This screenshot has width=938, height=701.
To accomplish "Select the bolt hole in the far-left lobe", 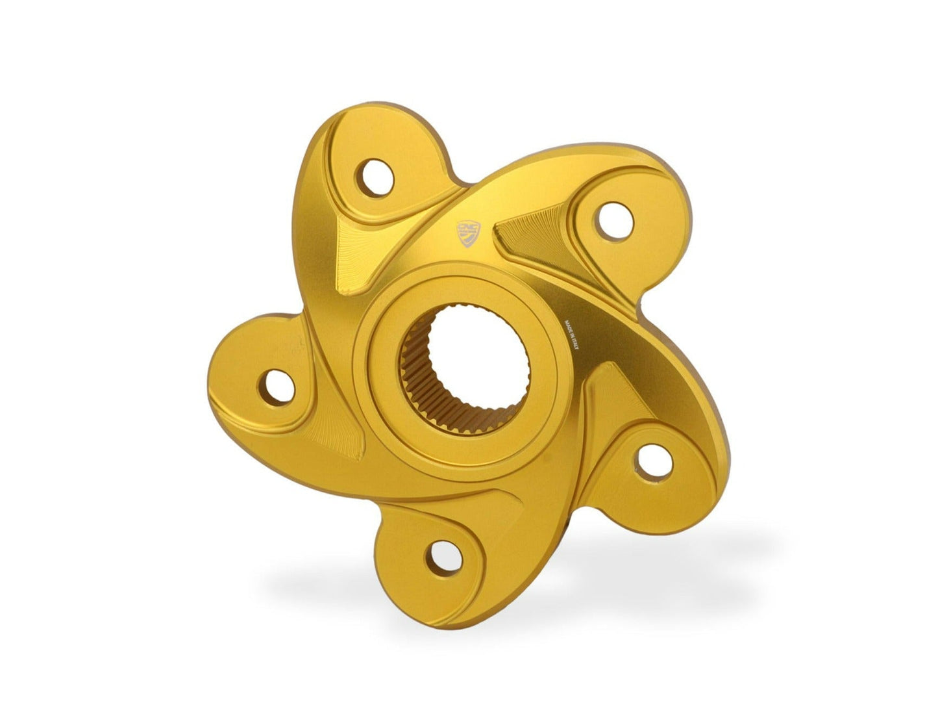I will [277, 385].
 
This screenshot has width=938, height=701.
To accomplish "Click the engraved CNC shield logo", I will [467, 233].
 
